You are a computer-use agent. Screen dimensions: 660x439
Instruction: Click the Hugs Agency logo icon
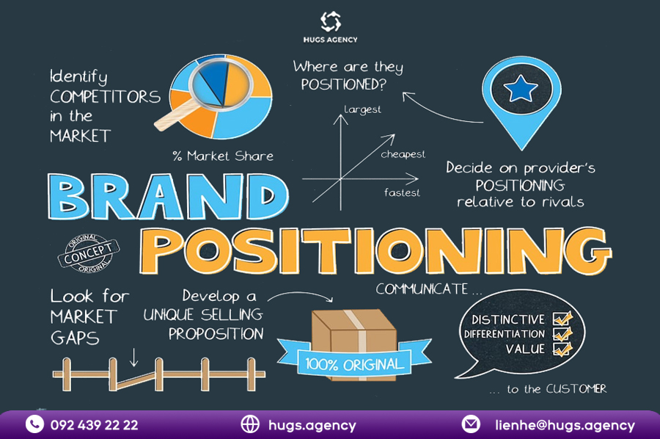(331, 21)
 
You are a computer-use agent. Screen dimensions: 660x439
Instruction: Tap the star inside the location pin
(521, 89)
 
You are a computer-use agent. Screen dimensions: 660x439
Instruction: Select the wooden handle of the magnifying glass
(173, 116)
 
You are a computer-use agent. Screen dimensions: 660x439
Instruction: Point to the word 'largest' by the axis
(362, 109)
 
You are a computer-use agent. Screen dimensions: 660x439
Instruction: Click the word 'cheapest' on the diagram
(403, 154)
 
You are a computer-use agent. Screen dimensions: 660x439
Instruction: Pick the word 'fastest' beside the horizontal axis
(402, 192)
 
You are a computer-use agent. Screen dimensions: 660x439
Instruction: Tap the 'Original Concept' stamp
(89, 253)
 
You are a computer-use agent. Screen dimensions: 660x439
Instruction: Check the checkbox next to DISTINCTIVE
(562, 319)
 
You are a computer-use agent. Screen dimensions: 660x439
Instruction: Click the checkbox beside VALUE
(562, 349)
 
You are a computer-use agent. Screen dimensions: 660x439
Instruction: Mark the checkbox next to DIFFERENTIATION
(562, 334)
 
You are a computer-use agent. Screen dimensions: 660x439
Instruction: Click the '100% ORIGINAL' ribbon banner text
(354, 364)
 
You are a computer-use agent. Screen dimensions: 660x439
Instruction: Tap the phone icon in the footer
(34, 424)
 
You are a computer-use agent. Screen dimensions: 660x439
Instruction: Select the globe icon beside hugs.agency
(250, 424)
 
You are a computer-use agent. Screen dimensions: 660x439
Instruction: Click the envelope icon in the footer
(471, 424)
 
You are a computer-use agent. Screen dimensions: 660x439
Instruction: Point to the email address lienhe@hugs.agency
(565, 425)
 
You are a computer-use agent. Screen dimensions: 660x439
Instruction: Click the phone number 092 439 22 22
(95, 424)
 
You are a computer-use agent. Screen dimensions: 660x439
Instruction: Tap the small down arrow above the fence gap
(134, 358)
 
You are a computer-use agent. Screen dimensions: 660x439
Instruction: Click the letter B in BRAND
(69, 197)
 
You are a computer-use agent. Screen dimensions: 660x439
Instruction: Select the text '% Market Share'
(223, 156)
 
